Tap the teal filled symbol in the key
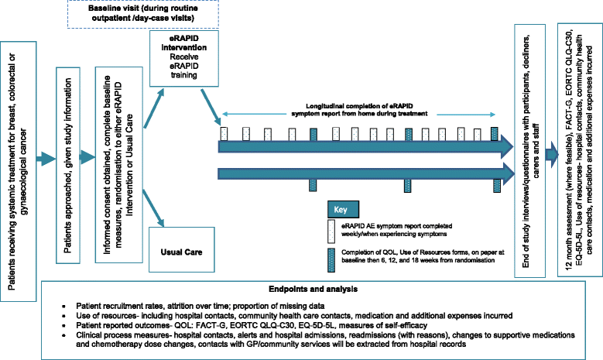tap(331, 256)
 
